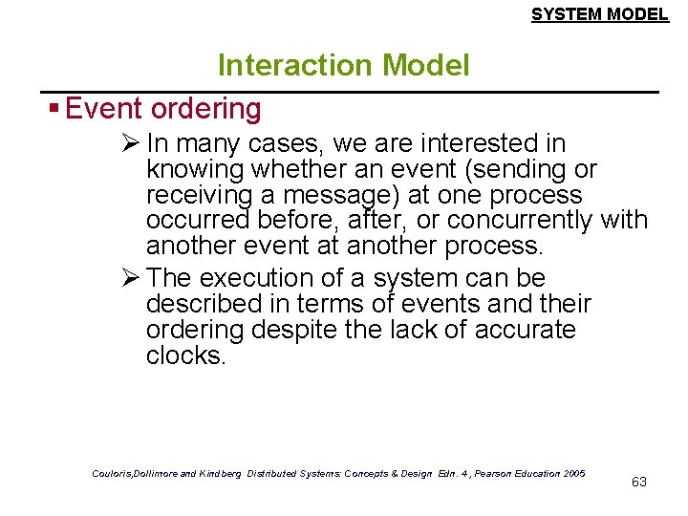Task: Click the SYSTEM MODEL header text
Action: point(599,14)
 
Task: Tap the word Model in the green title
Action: point(425,66)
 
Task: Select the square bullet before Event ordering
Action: point(56,109)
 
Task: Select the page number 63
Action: point(639,482)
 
